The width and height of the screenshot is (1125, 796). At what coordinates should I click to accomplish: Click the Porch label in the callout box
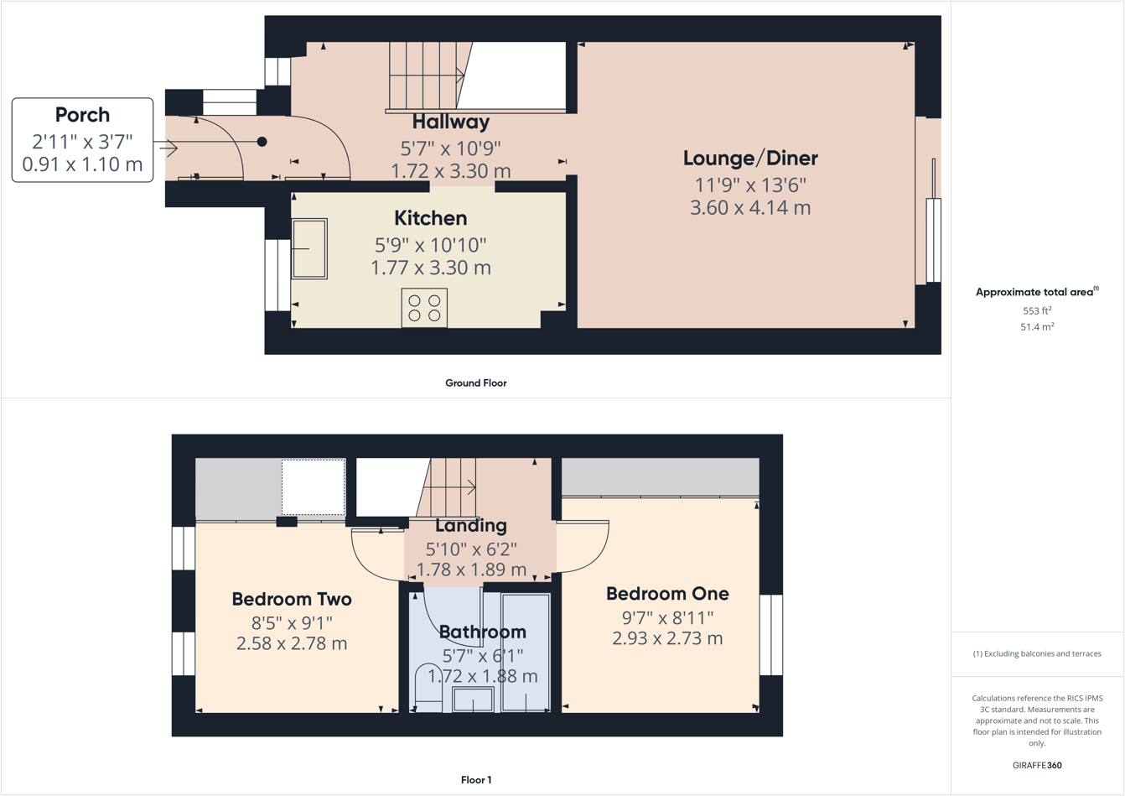click(82, 115)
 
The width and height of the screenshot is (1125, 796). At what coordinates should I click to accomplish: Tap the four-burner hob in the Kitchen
click(424, 308)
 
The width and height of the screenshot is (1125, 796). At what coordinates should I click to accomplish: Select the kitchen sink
click(309, 249)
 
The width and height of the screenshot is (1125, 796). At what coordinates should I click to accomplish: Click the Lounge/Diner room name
click(750, 158)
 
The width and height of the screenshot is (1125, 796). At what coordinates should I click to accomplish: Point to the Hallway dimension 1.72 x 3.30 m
click(450, 171)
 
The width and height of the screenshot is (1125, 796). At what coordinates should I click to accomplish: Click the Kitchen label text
click(430, 218)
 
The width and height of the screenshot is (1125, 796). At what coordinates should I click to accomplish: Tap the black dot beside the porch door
click(262, 142)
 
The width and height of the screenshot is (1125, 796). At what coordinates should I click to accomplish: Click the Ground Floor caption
click(475, 383)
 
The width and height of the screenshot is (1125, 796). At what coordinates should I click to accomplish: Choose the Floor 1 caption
click(475, 780)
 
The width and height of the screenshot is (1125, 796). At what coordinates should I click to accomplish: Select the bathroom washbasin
click(473, 700)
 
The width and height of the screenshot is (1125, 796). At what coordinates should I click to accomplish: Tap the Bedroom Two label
click(292, 599)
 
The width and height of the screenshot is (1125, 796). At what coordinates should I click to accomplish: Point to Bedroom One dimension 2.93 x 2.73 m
click(667, 638)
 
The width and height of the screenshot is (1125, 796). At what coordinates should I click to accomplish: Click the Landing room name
click(470, 526)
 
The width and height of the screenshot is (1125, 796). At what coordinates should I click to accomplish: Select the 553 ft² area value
click(1036, 310)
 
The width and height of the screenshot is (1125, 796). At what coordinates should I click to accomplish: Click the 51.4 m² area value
click(1036, 327)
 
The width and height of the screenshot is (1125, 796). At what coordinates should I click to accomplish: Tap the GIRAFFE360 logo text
click(1036, 765)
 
